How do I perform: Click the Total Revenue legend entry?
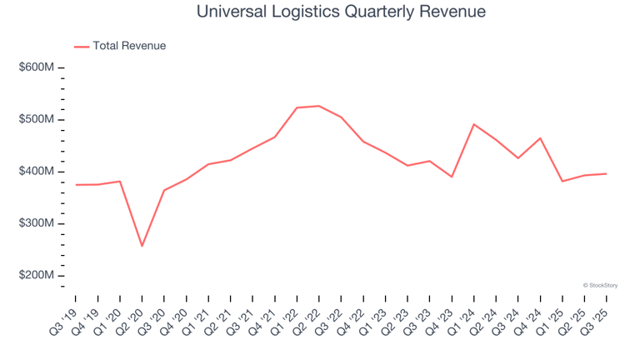(128, 46)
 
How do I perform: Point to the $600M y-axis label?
(36, 67)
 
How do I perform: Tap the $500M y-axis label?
(36, 120)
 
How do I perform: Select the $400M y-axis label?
(36, 172)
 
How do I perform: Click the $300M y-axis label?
(36, 224)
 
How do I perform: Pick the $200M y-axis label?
(36, 276)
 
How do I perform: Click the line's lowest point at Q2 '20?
(142, 246)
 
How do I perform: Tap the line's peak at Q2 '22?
(319, 106)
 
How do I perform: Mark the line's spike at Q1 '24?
(474, 124)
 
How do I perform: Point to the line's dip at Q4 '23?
(452, 177)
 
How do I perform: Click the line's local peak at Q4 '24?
(540, 138)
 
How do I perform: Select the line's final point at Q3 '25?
(606, 173)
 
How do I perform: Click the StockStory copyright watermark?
(600, 285)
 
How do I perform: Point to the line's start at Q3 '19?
(76, 185)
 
